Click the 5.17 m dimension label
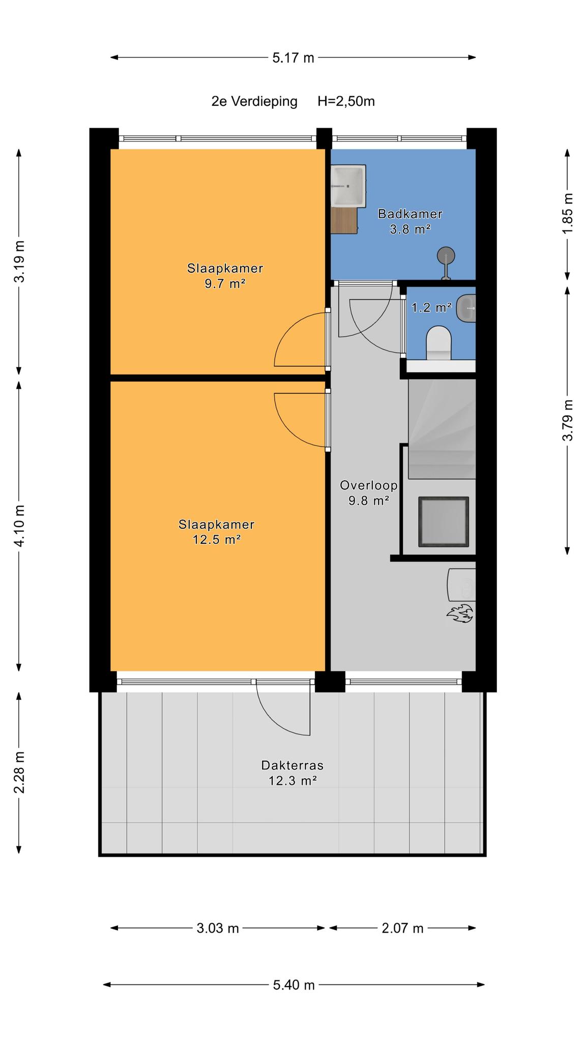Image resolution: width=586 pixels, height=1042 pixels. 294,57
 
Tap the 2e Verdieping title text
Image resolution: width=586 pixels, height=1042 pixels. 254,101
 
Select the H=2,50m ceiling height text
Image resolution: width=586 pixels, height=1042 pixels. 346,101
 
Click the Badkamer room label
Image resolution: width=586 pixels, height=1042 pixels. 410,214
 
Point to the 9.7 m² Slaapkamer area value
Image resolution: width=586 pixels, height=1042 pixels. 225,283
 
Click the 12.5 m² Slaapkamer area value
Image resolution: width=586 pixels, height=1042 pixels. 216,539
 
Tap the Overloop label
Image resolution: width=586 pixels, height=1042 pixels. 369,485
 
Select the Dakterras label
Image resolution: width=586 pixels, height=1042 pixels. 292,765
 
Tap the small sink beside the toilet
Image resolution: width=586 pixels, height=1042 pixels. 466,309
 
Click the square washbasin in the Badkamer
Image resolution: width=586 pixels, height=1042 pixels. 348,186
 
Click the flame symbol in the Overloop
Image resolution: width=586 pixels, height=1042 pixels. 460,613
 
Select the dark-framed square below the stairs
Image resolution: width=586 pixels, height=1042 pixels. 444,522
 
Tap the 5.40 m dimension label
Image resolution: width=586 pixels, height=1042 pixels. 294,985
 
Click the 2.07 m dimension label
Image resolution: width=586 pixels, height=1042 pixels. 403,928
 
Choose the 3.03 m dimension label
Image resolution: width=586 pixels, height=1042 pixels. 218,928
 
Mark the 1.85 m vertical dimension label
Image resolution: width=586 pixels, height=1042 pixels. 568,214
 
